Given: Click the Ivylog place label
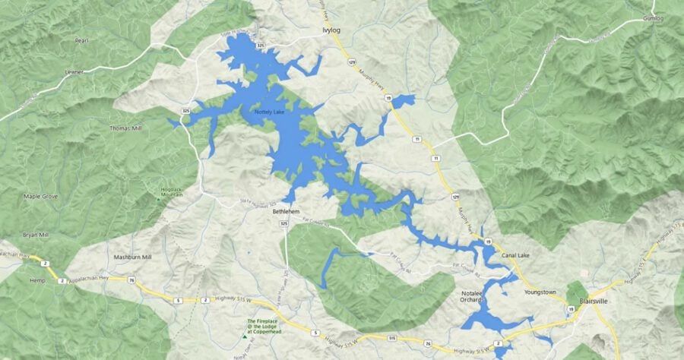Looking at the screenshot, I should click(327, 31).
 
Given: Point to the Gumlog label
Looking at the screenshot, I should click(653, 17).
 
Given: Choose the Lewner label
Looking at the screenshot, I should click(74, 72).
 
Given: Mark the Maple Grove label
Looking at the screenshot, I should click(41, 197).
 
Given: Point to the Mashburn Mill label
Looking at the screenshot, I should click(133, 257).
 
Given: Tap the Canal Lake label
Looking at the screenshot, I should click(517, 256).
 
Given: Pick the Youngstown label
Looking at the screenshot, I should click(540, 292).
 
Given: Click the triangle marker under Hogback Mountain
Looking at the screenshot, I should click(159, 199).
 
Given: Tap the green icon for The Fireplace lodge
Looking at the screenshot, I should click(245, 334).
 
